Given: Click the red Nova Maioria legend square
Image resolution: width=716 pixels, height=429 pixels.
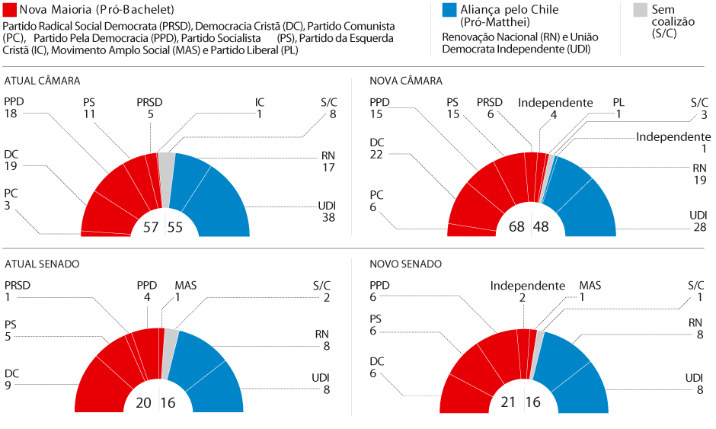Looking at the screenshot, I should coord(9,11).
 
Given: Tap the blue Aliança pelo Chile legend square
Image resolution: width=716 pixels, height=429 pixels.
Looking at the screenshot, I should coord(449,11).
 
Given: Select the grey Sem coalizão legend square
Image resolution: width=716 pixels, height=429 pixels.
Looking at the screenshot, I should coord(639,11).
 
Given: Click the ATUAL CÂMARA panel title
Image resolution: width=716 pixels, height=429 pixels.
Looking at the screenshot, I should coord(43,81).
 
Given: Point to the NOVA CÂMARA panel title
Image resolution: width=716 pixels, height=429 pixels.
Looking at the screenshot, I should coord(405,81).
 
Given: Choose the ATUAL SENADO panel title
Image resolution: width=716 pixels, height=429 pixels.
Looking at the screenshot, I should coord(42,264).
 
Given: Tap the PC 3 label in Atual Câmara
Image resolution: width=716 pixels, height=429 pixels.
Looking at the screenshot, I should coord(12,199).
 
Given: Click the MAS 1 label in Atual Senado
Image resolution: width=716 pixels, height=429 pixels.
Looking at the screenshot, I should coord(186,292).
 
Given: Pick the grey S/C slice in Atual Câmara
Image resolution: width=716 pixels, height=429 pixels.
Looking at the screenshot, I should coord(167,175).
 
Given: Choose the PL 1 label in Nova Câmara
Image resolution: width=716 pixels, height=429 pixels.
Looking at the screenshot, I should coord(619,108).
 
